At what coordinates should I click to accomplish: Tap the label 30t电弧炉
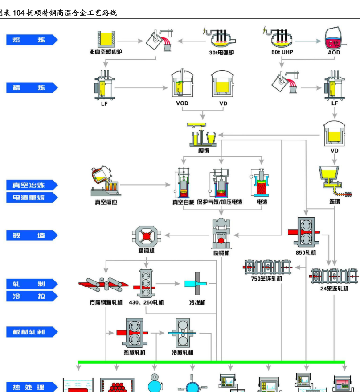click(x=221, y=52)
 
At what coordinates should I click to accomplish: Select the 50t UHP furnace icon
click(x=282, y=37)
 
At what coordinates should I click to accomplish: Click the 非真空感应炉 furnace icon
click(x=106, y=39)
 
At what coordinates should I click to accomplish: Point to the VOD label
click(x=182, y=103)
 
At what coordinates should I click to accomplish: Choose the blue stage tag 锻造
click(x=32, y=235)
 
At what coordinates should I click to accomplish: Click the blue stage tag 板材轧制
click(x=32, y=332)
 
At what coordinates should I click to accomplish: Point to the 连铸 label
click(x=335, y=202)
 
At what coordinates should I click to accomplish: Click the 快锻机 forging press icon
click(x=221, y=234)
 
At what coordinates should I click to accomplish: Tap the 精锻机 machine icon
click(x=146, y=235)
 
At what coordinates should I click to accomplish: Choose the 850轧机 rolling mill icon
click(x=306, y=232)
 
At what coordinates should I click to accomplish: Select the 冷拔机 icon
click(x=196, y=284)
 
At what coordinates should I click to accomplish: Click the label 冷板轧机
click(x=183, y=352)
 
